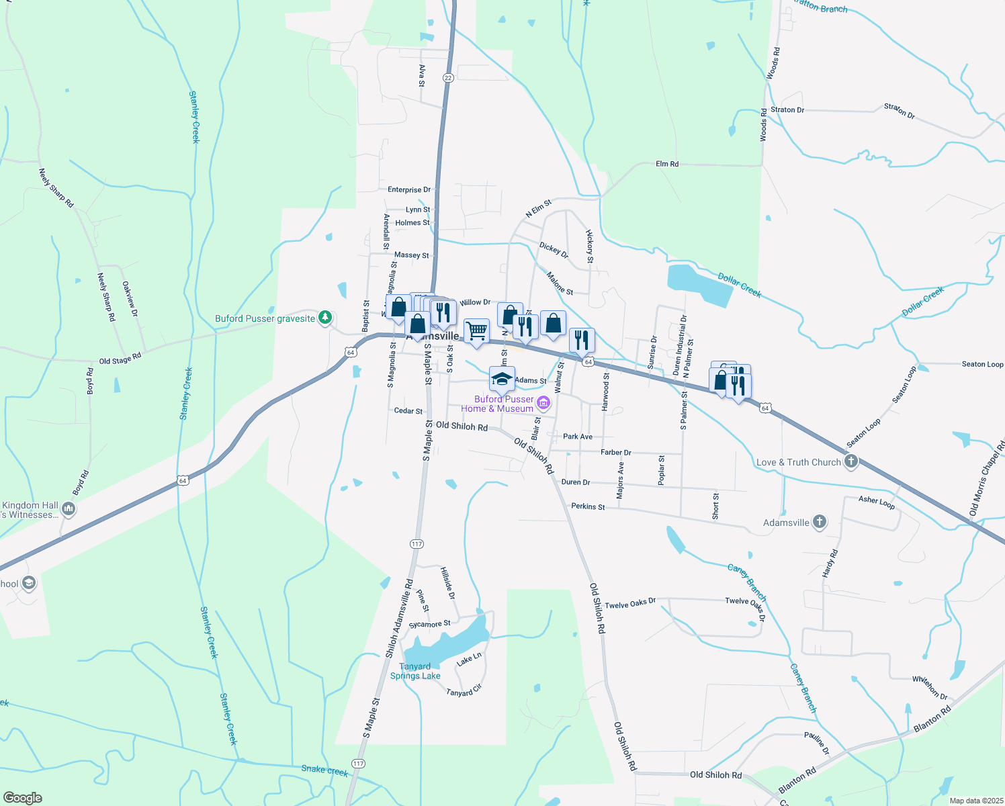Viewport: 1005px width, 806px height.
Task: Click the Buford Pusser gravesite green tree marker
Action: [x=325, y=317]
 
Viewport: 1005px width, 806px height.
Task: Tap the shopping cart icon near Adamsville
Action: [x=476, y=330]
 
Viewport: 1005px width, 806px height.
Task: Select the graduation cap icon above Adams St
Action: [x=502, y=379]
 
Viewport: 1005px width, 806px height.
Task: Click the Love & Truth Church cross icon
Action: [x=851, y=461]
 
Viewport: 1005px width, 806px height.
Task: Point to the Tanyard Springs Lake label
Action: [x=415, y=671]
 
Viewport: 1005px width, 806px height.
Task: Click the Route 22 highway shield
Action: [x=448, y=78]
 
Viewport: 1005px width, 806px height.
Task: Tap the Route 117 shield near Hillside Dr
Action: [x=417, y=543]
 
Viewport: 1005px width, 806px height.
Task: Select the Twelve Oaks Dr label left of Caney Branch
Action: [x=629, y=603]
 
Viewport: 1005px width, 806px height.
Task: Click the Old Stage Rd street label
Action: [x=120, y=359]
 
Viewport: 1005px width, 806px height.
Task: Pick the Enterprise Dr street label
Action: [x=409, y=190]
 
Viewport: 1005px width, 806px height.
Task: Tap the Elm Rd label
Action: [x=667, y=164]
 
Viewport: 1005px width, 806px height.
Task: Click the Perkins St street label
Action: [x=588, y=506]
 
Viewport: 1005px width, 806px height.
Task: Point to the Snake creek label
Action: [x=324, y=770]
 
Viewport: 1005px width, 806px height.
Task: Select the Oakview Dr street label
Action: [x=130, y=298]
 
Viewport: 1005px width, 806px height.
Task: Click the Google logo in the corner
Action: [x=22, y=797]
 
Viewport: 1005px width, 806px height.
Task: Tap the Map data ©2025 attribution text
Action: [x=975, y=801]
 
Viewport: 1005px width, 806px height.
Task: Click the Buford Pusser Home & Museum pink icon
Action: [x=543, y=403]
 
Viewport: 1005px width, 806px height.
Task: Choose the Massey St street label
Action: [x=411, y=255]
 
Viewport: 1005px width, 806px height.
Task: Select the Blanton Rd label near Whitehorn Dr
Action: [x=932, y=719]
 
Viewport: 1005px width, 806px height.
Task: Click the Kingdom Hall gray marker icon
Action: [x=68, y=509]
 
